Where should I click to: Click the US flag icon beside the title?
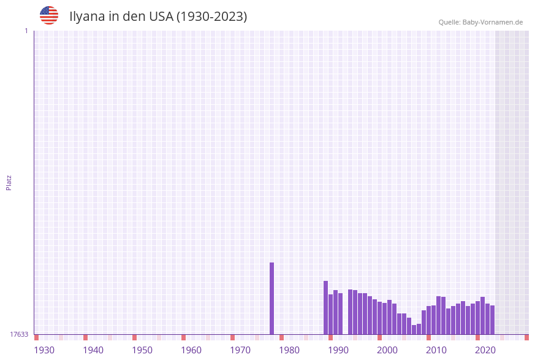[49, 15]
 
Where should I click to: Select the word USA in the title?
[161, 17]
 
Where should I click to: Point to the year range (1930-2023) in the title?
[212, 17]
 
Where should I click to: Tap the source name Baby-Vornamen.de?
[493, 22]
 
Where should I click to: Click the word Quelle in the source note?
[449, 22]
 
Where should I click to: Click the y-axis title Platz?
[9, 183]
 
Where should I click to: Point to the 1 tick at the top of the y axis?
[26, 31]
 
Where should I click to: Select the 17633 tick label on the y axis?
[19, 334]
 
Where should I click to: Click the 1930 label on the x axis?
[44, 350]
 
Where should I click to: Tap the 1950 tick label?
[142, 350]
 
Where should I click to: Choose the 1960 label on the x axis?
[191, 350]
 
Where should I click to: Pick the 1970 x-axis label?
[240, 350]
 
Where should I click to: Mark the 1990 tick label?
[338, 350]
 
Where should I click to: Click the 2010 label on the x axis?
[436, 350]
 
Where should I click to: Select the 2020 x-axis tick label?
[485, 350]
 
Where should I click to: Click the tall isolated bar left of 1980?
[271, 299]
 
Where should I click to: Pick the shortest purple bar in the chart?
[414, 330]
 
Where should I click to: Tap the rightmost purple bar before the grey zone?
[492, 320]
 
